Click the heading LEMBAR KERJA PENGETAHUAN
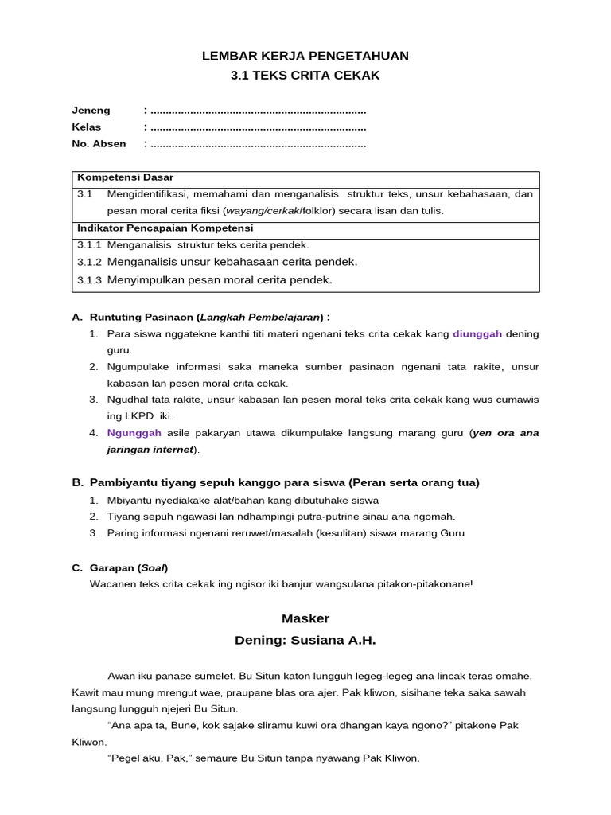tap(305, 55)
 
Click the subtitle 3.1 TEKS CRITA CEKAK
tap(305, 76)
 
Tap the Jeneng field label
tap(91, 111)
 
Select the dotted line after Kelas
tap(258, 127)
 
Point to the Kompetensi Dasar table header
tap(125, 177)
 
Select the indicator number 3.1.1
tap(89, 245)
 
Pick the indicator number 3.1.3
tap(89, 279)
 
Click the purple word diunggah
tap(477, 334)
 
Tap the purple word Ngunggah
tap(134, 433)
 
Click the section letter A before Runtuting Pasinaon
tap(76, 317)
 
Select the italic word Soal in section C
tap(153, 567)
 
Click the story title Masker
tap(305, 618)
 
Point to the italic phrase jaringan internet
tap(150, 450)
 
